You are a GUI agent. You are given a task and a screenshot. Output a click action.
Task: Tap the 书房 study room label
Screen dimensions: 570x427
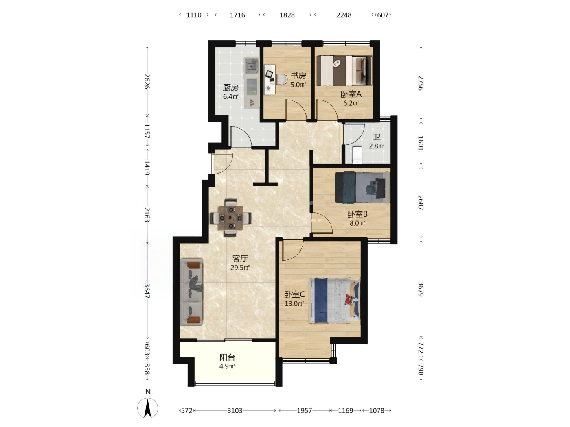[298, 76]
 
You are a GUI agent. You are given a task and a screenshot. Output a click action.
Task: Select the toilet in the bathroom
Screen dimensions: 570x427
[357, 155]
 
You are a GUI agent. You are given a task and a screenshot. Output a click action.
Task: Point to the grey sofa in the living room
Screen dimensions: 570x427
[191, 292]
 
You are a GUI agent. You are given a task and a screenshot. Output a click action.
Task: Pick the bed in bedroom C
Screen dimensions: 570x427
[334, 301]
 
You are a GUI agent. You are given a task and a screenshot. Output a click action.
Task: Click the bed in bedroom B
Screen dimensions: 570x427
[362, 187]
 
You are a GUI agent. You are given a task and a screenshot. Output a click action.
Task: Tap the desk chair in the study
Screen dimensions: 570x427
[281, 79]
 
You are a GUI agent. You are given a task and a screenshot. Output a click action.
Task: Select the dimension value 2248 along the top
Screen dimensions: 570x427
[344, 15]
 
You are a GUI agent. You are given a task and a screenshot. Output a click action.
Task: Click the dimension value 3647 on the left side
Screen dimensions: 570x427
[147, 291]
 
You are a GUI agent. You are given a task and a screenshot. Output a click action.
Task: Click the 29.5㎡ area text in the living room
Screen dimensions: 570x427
[240, 267]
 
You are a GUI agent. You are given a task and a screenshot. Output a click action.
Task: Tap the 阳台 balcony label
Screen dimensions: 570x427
[228, 357]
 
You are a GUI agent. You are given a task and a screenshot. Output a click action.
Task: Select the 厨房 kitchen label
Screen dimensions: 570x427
[230, 87]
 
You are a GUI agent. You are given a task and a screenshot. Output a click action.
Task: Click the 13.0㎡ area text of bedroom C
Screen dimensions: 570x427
[294, 303]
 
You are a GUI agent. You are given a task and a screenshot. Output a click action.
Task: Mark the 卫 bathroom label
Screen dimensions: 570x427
[377, 137]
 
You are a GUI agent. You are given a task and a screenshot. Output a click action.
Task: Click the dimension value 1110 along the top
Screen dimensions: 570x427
[194, 15]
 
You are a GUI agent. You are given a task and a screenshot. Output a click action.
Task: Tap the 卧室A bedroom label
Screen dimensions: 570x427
[351, 94]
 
